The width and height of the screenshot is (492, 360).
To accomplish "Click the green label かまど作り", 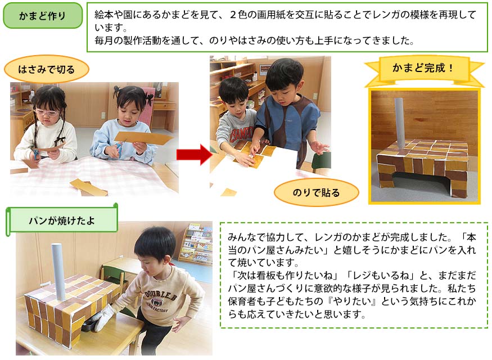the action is [43, 15].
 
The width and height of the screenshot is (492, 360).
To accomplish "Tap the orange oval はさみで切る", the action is [47, 69].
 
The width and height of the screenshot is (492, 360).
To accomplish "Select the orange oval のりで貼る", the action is [316, 192].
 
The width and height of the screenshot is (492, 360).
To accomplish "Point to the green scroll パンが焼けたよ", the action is [62, 220].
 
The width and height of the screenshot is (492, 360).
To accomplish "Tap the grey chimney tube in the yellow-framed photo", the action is [400, 124].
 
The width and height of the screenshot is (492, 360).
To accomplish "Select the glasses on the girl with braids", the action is [46, 112].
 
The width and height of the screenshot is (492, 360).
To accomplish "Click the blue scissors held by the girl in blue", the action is [119, 150].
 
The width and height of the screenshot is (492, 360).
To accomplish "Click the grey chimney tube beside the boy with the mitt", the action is [58, 271].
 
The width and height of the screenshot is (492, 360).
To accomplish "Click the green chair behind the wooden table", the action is [113, 276].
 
